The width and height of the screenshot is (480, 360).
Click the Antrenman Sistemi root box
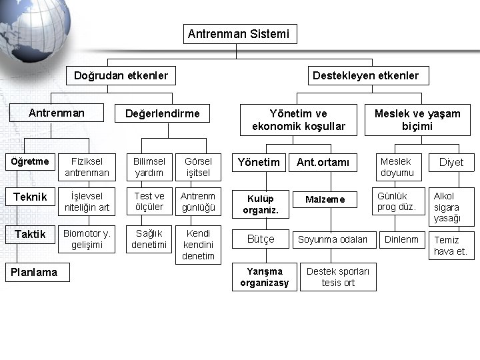239,34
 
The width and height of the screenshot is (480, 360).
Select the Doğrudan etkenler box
121,75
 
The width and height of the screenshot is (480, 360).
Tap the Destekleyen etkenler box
366,75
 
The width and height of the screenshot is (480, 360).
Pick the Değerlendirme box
163,113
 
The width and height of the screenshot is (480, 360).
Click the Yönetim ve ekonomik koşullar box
299,120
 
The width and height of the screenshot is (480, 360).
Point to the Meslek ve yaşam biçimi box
417,120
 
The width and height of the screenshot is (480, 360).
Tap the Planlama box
37,272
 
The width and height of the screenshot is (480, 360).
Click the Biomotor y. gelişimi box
87,239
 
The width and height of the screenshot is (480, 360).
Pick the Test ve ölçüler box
149,201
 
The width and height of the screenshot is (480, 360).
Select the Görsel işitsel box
198,167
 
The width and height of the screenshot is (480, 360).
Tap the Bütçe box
261,239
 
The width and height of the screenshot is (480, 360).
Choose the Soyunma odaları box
333,239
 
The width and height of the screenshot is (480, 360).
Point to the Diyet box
451,163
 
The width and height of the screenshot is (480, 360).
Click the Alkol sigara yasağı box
451,207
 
